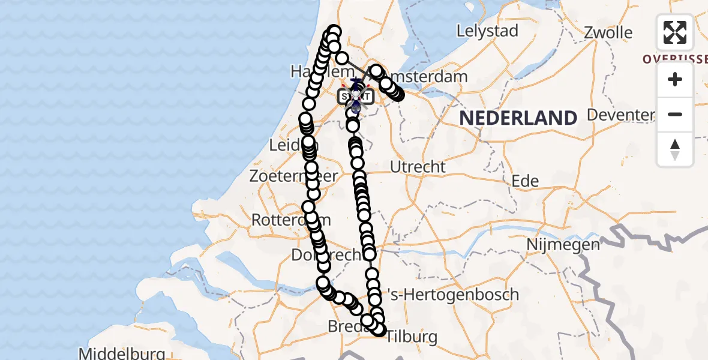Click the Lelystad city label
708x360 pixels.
(487, 31)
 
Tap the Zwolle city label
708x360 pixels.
(608, 32)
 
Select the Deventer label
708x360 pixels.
(620, 115)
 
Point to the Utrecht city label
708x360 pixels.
(418, 166)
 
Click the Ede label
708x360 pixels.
(525, 181)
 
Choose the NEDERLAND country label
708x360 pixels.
(518, 118)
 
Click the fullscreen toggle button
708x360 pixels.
(675, 32)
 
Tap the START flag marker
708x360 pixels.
(355, 96)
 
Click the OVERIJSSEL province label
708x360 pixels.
(674, 59)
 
